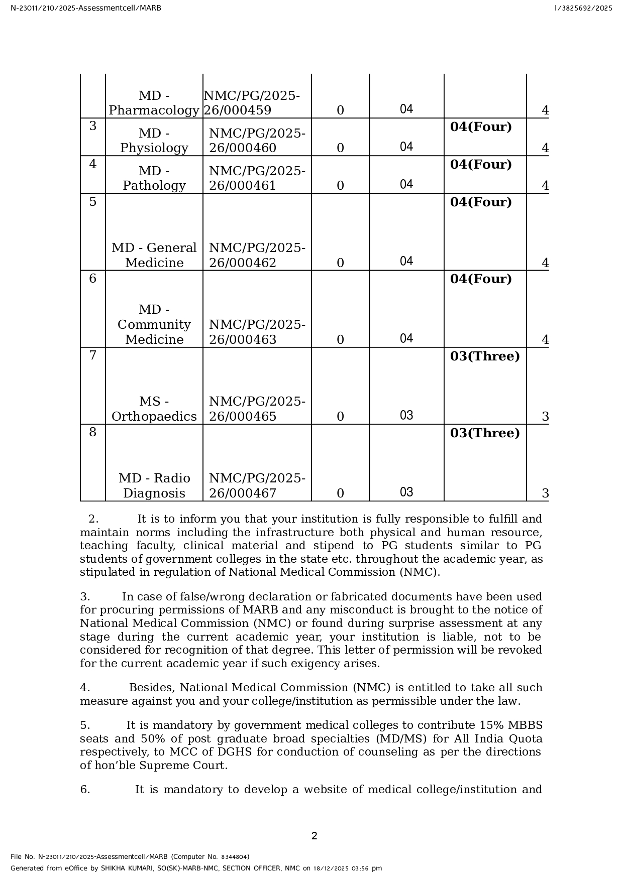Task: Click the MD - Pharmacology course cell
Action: (x=154, y=103)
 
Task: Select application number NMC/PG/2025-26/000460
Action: (x=257, y=141)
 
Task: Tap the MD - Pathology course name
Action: (x=154, y=178)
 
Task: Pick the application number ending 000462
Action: (x=257, y=255)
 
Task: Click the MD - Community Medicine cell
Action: (x=154, y=324)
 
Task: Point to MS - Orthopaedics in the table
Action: (x=154, y=409)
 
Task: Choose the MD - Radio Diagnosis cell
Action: (x=154, y=485)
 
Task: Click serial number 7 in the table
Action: (x=92, y=355)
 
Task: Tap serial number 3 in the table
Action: (x=92, y=125)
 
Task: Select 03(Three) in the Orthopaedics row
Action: (x=484, y=356)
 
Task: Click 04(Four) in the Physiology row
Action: (x=480, y=127)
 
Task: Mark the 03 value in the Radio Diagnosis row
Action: (x=406, y=492)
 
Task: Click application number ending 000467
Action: (x=257, y=485)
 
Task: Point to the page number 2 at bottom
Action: (x=315, y=836)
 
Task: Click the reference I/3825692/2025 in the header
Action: (x=583, y=8)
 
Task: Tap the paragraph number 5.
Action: (x=85, y=725)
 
